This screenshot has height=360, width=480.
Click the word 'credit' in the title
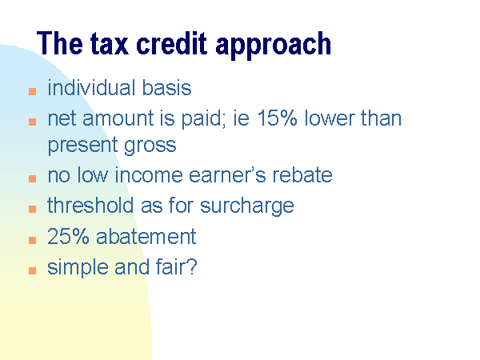point(171,43)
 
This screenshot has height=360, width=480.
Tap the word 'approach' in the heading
point(274,46)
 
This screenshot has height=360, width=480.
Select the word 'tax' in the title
point(109,44)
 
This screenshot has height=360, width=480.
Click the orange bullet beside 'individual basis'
point(33,91)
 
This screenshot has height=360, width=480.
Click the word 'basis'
point(167,88)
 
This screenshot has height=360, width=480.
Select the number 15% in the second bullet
point(277,118)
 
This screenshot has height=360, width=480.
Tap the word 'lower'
point(328,118)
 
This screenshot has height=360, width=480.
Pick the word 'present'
point(82,146)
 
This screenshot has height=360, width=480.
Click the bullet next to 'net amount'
point(33,122)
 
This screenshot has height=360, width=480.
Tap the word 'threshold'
point(90,205)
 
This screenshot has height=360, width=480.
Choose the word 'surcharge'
point(246,206)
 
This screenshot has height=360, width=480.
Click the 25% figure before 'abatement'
point(68,236)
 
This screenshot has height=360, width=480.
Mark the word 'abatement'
point(146,236)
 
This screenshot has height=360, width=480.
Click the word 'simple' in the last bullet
point(78,267)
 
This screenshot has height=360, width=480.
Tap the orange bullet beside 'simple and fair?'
point(33,270)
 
